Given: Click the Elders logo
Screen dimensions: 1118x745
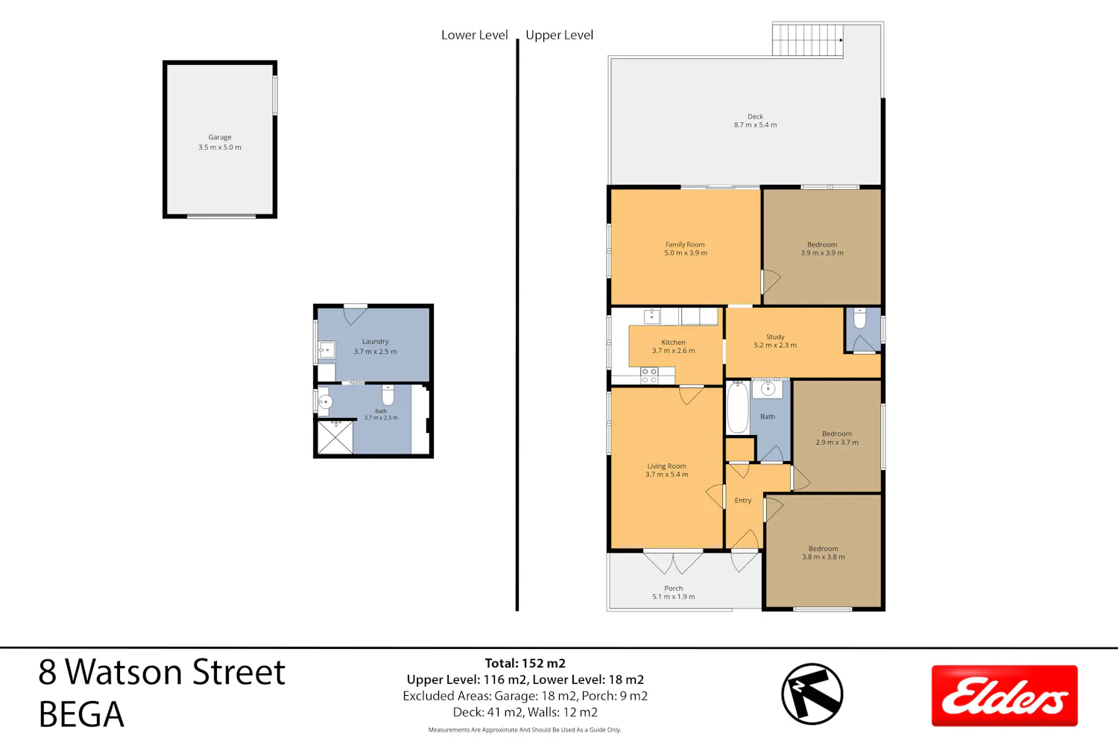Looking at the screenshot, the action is [1004, 696].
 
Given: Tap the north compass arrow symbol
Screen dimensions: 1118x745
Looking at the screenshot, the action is [812, 694].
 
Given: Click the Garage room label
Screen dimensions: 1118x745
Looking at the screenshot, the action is [220, 137].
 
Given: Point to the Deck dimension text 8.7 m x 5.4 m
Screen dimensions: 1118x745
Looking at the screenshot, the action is [755, 124].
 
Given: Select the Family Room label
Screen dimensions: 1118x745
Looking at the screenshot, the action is [685, 244].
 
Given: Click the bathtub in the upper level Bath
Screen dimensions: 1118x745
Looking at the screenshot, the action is [738, 408].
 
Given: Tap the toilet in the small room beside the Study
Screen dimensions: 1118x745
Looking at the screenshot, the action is [859, 318].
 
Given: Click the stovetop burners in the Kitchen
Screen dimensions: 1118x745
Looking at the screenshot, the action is [649, 375].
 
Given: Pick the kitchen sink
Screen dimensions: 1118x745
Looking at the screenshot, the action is [651, 316].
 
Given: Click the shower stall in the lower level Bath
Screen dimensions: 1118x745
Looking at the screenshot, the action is [335, 437].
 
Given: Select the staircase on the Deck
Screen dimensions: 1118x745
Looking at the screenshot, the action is [807, 40].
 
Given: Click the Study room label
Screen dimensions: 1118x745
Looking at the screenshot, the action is [775, 337].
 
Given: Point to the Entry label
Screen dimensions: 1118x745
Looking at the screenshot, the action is [742, 501].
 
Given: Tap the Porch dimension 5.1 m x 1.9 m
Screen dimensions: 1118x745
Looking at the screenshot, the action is [673, 596].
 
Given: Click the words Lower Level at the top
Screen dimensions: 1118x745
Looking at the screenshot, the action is [474, 35].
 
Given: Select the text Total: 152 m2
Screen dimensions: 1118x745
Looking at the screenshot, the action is [525, 663].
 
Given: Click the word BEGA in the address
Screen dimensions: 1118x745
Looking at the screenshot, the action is [81, 714].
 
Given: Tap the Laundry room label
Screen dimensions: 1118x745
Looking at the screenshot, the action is [376, 342].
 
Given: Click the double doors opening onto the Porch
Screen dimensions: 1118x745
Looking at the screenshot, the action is [673, 562].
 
